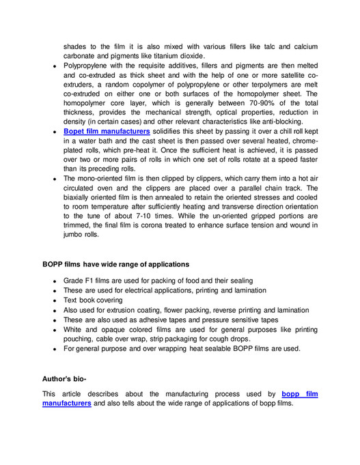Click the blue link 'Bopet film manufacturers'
[107, 130]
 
